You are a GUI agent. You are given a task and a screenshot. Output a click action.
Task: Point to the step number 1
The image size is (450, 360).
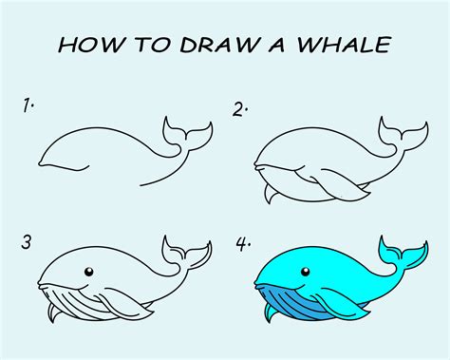tap(29, 106)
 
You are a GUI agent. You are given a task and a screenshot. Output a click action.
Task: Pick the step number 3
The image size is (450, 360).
tap(28, 242)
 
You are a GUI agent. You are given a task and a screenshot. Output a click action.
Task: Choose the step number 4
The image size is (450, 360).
tap(244, 244)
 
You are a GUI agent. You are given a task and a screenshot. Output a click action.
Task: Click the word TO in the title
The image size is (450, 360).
tap(144, 45)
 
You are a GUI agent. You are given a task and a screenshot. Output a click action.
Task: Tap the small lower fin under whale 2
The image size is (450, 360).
tap(271, 196)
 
